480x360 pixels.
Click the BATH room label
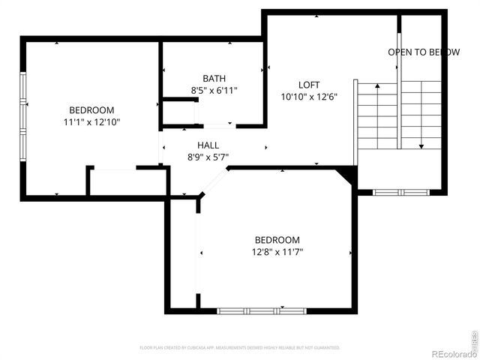coord(214,79)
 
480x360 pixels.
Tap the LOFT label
coord(309,85)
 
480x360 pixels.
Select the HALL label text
coord(208,145)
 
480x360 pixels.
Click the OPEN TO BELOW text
coord(424,52)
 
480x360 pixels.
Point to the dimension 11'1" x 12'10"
coord(92,121)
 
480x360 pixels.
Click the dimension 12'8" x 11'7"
coord(277,252)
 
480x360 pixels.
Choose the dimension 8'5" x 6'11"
coord(214,91)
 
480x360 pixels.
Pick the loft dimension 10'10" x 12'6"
coord(309,97)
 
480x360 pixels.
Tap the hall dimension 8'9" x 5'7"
coord(208,157)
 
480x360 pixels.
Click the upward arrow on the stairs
coord(377,85)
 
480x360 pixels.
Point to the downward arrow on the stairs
coord(421,145)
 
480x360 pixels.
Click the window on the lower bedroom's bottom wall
coord(261,309)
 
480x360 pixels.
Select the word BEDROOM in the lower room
coord(277,240)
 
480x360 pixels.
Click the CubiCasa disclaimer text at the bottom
coord(240,348)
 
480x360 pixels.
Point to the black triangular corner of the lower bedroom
coord(348,175)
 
